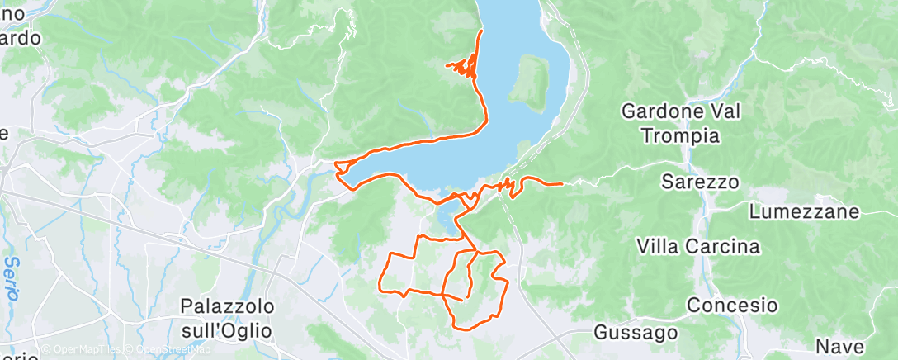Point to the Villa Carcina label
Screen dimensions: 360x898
click(698, 247)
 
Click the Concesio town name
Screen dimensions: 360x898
click(732, 305)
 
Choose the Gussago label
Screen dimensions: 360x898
click(636, 333)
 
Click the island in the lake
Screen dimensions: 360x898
click(530, 83)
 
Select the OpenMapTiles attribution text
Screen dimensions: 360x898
click(85, 350)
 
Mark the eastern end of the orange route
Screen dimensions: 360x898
click(562, 183)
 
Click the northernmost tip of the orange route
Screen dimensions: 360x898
click(481, 31)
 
